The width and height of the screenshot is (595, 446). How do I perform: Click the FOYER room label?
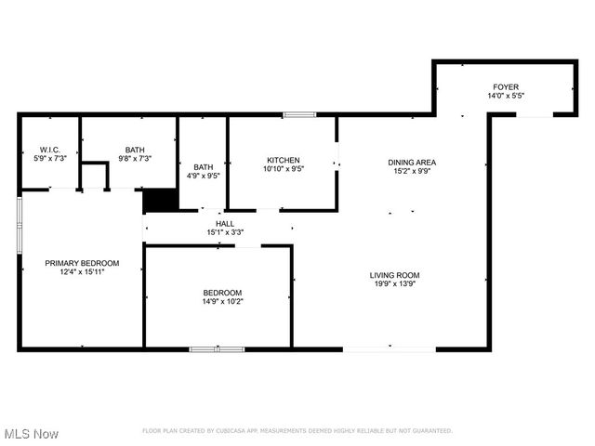coord(506,85)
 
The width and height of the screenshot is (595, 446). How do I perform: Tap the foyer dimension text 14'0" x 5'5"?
coord(506,95)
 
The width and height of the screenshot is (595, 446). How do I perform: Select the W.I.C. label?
coord(49,150)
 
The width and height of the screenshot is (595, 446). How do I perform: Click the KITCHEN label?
coord(283,159)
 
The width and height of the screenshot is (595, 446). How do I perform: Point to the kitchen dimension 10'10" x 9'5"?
coord(283,168)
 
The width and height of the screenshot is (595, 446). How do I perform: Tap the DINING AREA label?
coord(412,162)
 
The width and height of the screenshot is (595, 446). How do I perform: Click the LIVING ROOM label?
coord(395,275)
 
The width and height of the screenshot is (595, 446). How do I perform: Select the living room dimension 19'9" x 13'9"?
coord(395,284)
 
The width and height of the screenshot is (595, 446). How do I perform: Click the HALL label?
coord(225,223)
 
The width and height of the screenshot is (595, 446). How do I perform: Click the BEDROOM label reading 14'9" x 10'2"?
coord(222,292)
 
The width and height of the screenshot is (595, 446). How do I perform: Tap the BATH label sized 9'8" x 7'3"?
coord(135,150)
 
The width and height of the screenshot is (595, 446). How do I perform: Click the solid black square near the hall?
coord(160,201)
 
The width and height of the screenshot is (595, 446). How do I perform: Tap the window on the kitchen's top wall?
coord(299,114)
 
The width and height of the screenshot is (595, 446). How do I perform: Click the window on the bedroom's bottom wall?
coord(218,349)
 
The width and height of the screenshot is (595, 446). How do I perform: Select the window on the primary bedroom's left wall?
coord(20,224)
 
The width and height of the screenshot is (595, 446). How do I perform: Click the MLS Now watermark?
coord(32,434)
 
